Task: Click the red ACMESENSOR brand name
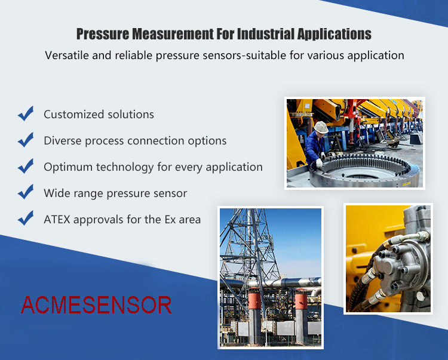(x=96, y=305)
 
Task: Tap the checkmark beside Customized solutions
(x=26, y=113)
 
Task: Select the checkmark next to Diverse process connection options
(x=26, y=140)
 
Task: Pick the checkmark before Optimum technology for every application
(x=26, y=166)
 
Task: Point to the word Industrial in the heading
(x=266, y=34)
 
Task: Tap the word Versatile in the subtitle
(x=67, y=55)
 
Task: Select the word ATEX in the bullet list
(x=57, y=220)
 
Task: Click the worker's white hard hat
(x=321, y=127)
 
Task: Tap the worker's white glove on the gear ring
(x=319, y=164)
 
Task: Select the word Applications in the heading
(x=335, y=35)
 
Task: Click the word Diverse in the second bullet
(x=63, y=140)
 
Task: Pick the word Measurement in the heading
(x=173, y=34)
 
